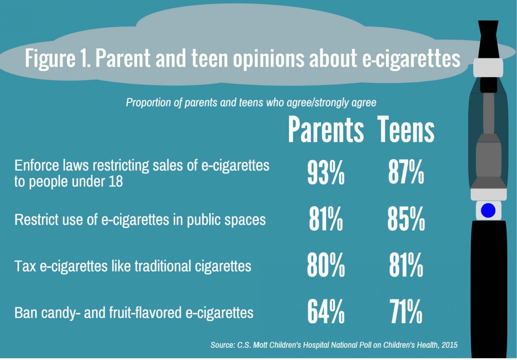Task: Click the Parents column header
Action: tap(326, 130)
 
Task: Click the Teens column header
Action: tap(406, 130)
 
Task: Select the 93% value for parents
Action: tap(326, 173)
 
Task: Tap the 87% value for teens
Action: tap(406, 173)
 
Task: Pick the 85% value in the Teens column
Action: tap(406, 219)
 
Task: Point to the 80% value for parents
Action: tap(326, 266)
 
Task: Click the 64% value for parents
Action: tap(326, 312)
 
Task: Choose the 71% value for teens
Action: tap(406, 312)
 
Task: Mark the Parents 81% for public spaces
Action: tap(326, 219)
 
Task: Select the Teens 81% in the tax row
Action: tap(406, 266)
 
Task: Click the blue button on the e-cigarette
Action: tap(488, 211)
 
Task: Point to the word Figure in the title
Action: tap(50, 58)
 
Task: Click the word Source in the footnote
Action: tap(222, 345)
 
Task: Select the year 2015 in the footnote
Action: tap(450, 345)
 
